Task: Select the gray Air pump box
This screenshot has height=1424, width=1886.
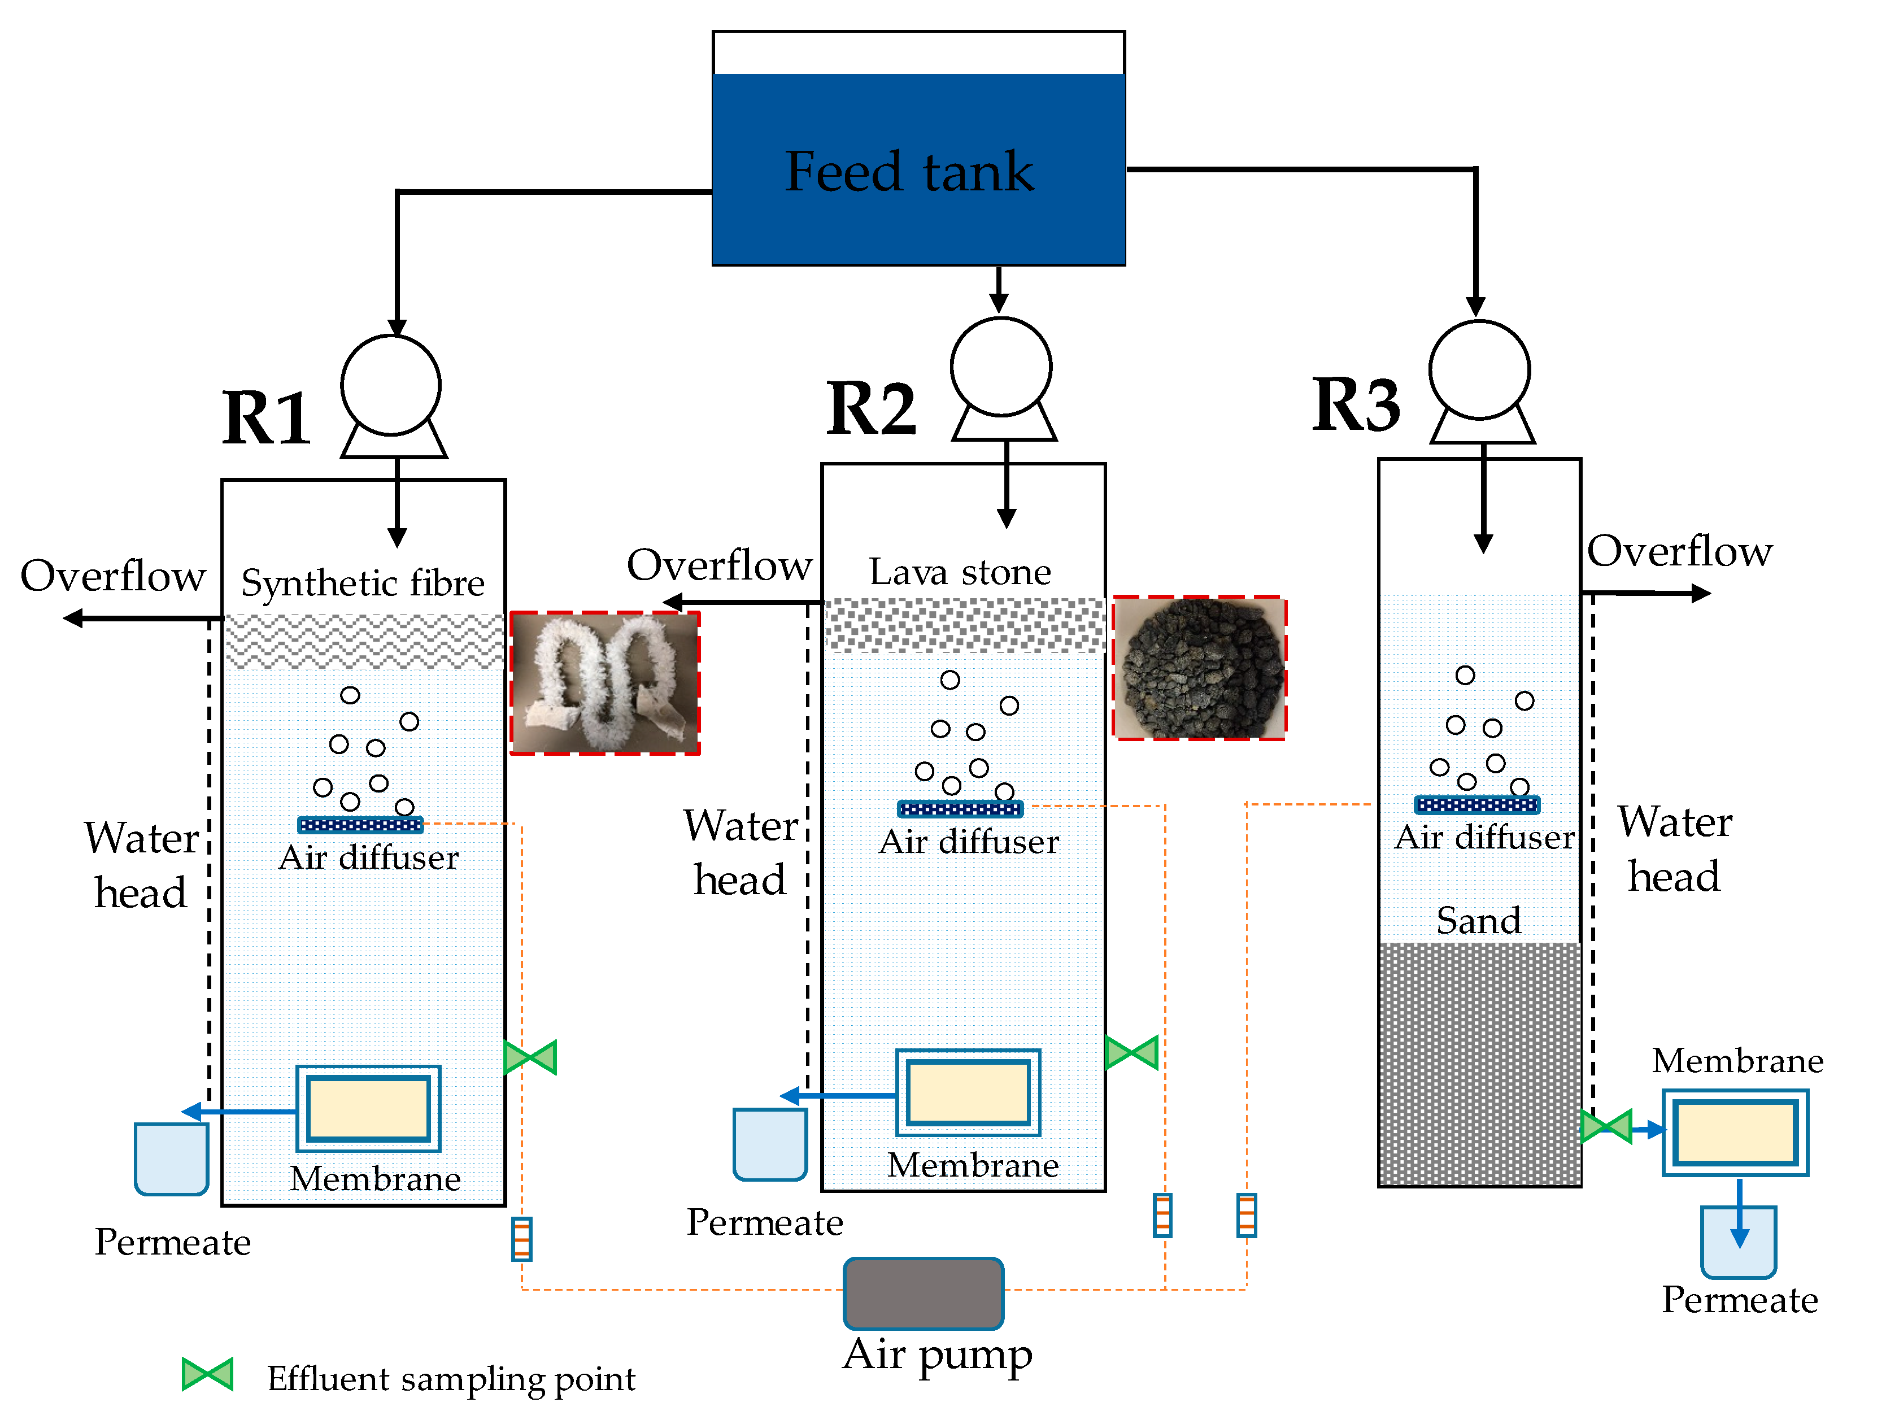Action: (x=924, y=1294)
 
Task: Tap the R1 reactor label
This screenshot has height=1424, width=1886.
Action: (x=266, y=418)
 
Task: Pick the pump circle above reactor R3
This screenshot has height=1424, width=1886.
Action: (x=1479, y=369)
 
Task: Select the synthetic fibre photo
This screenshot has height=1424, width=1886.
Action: (x=604, y=683)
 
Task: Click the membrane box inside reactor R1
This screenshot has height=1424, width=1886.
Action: (x=368, y=1108)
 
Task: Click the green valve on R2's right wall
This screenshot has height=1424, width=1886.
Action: (x=1131, y=1052)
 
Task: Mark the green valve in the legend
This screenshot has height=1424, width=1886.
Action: (x=207, y=1374)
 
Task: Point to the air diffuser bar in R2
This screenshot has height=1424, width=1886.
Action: (x=960, y=808)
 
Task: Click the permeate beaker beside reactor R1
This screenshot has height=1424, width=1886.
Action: (x=171, y=1159)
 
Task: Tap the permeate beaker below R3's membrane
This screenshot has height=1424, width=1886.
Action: (x=1739, y=1242)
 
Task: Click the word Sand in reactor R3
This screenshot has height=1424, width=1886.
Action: (x=1478, y=920)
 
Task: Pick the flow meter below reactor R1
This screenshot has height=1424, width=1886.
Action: (x=522, y=1239)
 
